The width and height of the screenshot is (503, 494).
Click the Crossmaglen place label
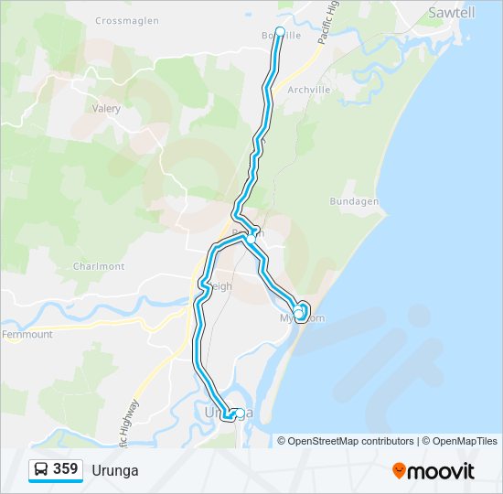(126, 20)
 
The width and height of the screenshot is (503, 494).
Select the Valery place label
(106, 108)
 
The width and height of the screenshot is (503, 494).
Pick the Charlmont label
(98, 266)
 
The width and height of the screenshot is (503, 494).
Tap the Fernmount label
(27, 335)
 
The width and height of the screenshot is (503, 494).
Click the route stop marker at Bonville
(280, 31)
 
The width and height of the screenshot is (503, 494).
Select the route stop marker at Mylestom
(298, 314)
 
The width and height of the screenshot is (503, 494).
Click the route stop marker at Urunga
(239, 413)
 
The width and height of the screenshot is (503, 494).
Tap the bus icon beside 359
(41, 469)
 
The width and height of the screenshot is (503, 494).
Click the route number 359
(66, 469)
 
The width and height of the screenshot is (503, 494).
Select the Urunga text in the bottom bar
(115, 470)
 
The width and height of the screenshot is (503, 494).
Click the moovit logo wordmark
(442, 471)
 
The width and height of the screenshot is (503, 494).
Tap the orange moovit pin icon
(399, 471)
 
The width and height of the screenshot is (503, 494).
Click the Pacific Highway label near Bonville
(329, 23)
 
